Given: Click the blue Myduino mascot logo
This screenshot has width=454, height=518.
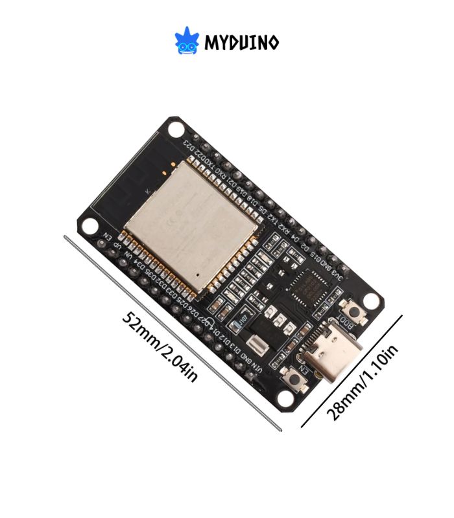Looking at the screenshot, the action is click(x=186, y=41).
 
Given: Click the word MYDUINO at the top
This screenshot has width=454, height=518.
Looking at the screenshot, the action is click(x=242, y=43).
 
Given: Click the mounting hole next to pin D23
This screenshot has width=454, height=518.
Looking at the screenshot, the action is click(x=175, y=129).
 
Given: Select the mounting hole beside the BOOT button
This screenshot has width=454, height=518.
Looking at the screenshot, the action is click(x=370, y=300).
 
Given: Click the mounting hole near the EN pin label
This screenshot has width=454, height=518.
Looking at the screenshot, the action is click(x=90, y=225).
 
